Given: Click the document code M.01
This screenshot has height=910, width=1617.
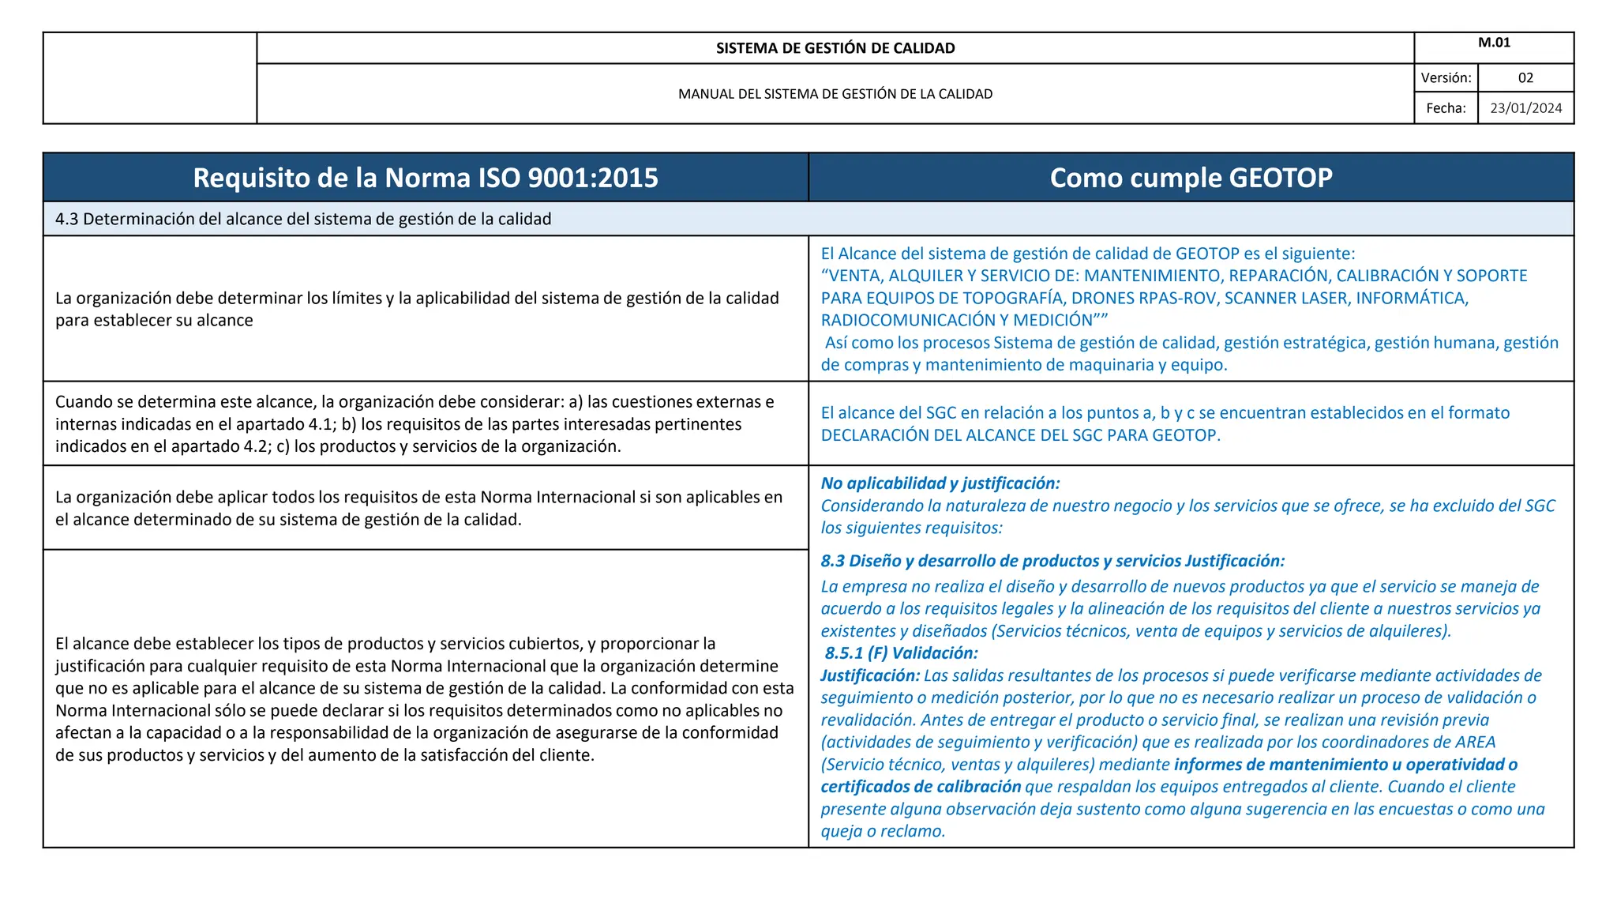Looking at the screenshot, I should (1494, 43).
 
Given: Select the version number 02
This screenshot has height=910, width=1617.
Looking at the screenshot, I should (1525, 78).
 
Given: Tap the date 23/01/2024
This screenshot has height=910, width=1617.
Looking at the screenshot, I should (1525, 108).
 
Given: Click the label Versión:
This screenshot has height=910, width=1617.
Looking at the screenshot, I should (1446, 78).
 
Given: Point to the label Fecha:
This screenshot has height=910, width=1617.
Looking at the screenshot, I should (1446, 108).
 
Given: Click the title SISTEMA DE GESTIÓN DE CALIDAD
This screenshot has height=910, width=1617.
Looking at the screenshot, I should (835, 48).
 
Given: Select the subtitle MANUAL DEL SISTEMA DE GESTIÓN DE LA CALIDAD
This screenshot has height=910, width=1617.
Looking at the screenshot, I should (835, 94).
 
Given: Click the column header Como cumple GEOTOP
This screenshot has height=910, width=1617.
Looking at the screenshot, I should (1191, 178).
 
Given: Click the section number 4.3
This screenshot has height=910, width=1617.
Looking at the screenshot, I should (66, 219).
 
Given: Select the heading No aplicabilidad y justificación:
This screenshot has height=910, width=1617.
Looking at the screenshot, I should (940, 483).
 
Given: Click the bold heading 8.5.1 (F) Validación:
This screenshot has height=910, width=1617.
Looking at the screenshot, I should (902, 653).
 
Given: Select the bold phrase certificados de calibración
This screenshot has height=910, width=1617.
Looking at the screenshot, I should (921, 787).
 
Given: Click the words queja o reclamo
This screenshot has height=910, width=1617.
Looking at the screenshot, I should (882, 832).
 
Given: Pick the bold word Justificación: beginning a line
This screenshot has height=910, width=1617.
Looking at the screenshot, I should (869, 675).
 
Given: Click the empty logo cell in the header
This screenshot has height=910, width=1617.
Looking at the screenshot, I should (150, 78).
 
